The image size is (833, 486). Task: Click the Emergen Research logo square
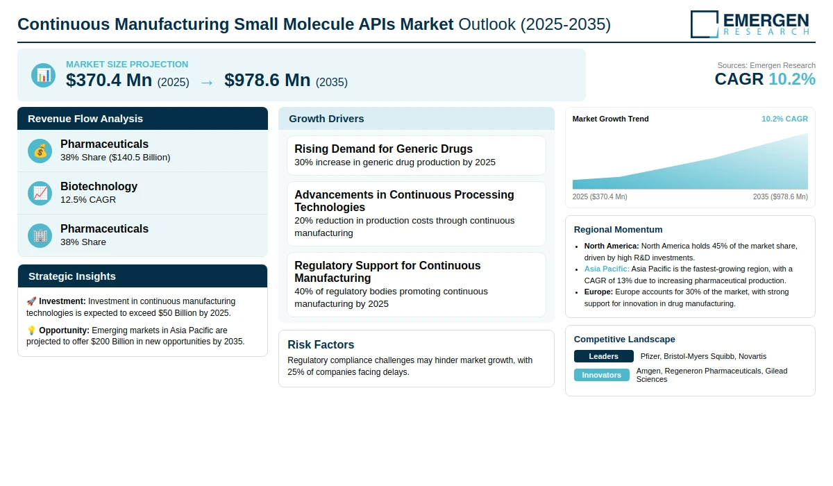pos(705,24)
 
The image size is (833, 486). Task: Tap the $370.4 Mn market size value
pos(109,80)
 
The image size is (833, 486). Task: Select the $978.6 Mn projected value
pos(267,80)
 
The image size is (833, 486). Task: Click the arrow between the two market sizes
pos(207,83)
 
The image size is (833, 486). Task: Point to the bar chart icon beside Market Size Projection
pos(43,76)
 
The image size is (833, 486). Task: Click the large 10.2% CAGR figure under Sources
pos(792,79)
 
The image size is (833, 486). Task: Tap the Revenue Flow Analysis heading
pos(85,119)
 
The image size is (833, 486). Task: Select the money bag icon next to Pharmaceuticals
pos(40,151)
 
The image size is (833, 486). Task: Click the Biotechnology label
pos(99,186)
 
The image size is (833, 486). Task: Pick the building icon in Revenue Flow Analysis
pos(40,235)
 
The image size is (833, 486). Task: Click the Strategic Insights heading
pos(72,276)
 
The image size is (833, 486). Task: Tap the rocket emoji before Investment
pos(31,301)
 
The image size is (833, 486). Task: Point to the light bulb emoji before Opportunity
pos(31,330)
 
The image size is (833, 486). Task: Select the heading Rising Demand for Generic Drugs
pos(383,149)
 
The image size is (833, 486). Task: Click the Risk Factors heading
pos(321,344)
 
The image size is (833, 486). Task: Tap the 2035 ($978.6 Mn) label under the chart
pos(780,196)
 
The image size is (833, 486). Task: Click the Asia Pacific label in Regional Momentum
pos(607,269)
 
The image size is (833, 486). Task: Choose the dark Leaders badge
pos(603,356)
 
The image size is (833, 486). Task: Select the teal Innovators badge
pos(601,375)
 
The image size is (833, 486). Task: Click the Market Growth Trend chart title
pos(610,119)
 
